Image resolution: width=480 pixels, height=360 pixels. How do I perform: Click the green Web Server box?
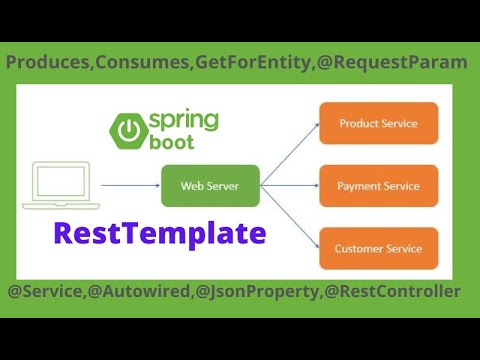tap(210, 185)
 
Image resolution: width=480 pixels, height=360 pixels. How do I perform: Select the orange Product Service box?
tap(378, 123)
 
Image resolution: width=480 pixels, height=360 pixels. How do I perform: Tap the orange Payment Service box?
tap(378, 186)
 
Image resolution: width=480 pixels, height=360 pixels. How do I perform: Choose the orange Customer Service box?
tap(378, 248)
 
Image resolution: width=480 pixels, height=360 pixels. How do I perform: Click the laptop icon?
tap(59, 186)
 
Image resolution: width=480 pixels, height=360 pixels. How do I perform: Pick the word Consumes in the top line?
tap(140, 62)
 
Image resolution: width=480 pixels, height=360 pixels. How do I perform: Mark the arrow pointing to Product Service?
tap(290, 155)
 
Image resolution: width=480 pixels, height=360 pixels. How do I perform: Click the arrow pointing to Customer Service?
tap(290, 216)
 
